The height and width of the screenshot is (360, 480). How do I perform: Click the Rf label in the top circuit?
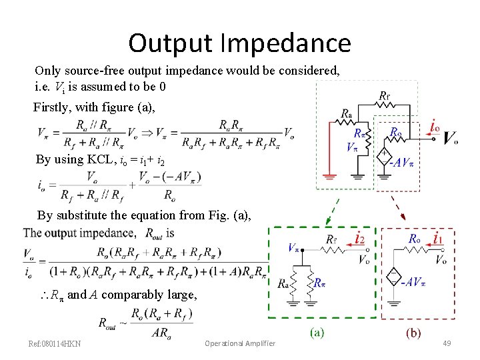click(385, 96)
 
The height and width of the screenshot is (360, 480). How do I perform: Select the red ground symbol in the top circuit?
click(328, 177)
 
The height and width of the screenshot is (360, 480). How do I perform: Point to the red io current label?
click(435, 127)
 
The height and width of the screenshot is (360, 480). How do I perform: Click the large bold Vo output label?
click(450, 139)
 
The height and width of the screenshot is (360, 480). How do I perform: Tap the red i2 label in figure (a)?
click(360, 237)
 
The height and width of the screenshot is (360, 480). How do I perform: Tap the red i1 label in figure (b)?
click(437, 238)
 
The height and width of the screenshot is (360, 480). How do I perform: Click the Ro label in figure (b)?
click(415, 238)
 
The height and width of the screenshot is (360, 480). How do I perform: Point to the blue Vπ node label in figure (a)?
click(294, 247)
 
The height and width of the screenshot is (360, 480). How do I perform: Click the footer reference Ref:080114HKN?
click(55, 343)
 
